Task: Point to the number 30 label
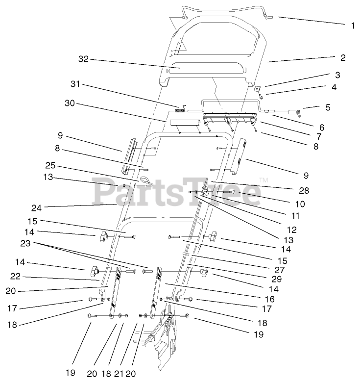coord(70,103)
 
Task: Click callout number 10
coord(300,204)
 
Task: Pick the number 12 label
coord(292,229)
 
